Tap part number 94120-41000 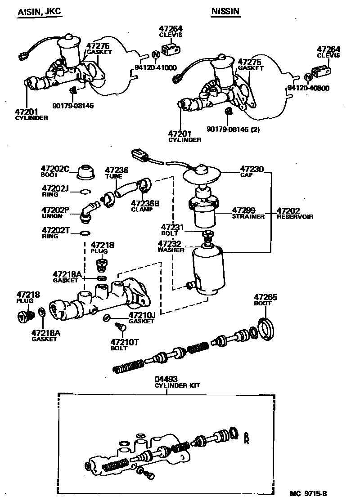coord(156,68)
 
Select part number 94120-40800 coord(308,88)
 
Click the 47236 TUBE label coord(117,173)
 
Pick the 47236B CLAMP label coord(145,206)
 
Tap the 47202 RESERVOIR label coord(294,213)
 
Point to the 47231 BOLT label coord(170,230)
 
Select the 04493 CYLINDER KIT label coord(177,382)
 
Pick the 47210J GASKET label coord(141,318)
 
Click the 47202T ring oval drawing coord(84,233)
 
